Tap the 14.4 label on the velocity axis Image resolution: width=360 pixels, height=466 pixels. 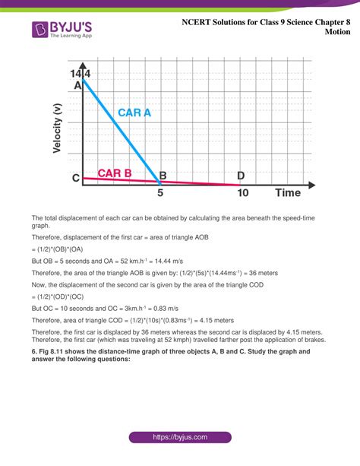point(81,74)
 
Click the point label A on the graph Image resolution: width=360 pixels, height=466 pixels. point(77,86)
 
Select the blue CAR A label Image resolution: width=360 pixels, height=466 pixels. point(134,113)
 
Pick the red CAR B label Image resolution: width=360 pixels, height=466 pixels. point(115,173)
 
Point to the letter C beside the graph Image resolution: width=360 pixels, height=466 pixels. point(76,179)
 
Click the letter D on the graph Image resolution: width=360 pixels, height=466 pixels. point(241,176)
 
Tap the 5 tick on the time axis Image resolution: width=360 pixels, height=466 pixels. point(159,193)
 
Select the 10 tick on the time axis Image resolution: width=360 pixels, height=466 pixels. point(242,193)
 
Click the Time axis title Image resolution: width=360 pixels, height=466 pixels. point(288,192)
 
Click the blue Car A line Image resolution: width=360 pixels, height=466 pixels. point(122,130)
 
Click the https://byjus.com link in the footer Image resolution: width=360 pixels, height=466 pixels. point(179,439)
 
